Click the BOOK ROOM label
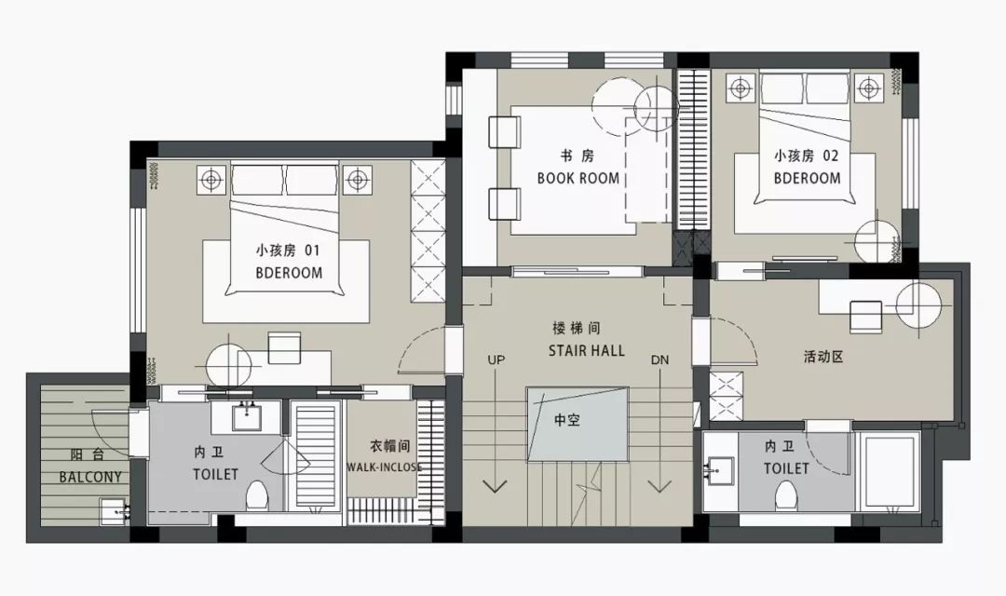click(578, 178)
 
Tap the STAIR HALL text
click(587, 350)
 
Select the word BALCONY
click(90, 477)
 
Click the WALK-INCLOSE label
click(384, 467)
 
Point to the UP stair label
click(496, 359)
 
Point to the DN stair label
click(659, 359)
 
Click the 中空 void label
click(566, 420)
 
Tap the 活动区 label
click(822, 357)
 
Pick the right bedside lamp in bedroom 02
click(868, 89)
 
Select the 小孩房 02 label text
click(806, 156)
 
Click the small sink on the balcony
click(114, 508)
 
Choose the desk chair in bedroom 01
click(284, 346)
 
